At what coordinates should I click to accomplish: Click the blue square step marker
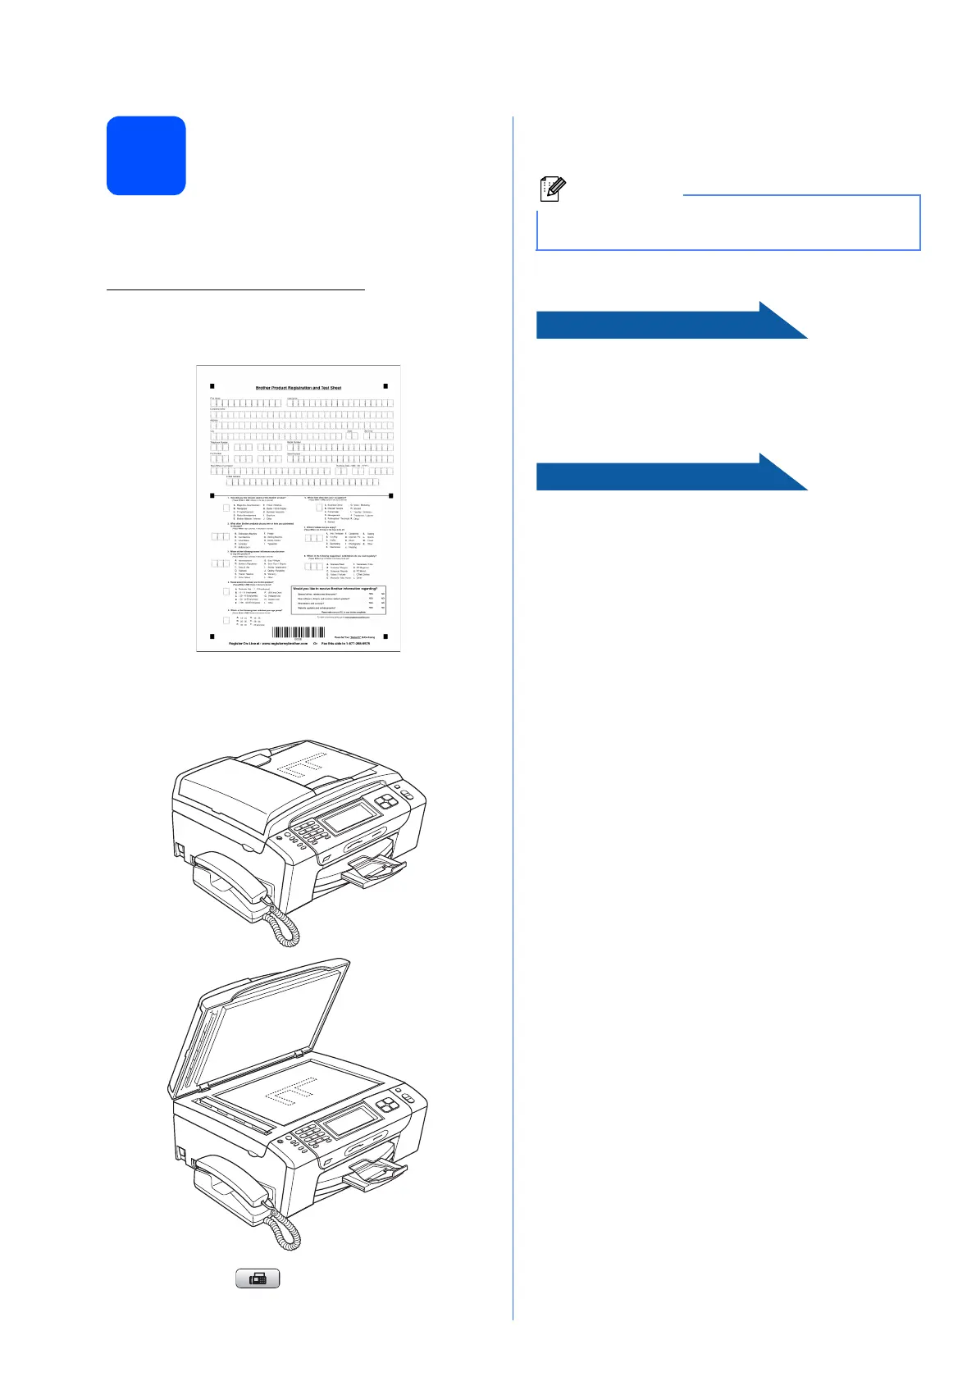click(146, 156)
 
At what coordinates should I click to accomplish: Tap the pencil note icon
click(552, 189)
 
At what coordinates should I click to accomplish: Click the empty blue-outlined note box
click(727, 223)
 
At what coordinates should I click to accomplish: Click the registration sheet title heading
click(298, 388)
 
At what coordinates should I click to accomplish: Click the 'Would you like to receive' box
click(338, 599)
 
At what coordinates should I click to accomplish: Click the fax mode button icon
click(258, 1278)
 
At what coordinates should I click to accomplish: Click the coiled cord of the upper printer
click(285, 927)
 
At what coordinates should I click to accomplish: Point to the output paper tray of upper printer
click(375, 872)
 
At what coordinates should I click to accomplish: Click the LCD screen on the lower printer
click(351, 1120)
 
